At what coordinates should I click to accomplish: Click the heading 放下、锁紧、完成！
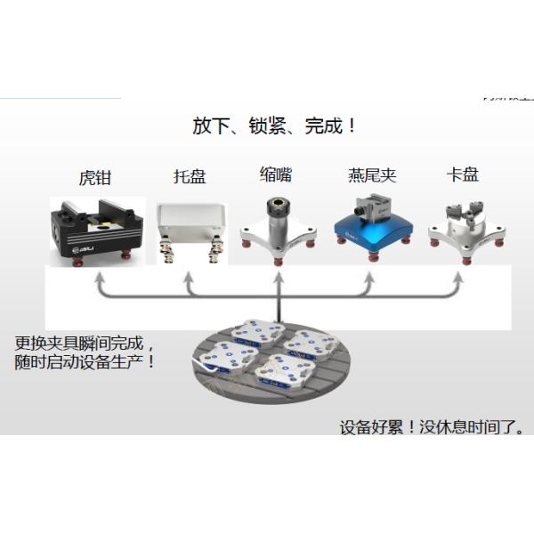click(x=275, y=125)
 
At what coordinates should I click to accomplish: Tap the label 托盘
click(x=190, y=176)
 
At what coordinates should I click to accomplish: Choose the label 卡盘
click(x=463, y=174)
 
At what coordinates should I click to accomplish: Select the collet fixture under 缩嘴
click(x=279, y=226)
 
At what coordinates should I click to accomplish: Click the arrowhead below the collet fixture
click(x=279, y=277)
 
